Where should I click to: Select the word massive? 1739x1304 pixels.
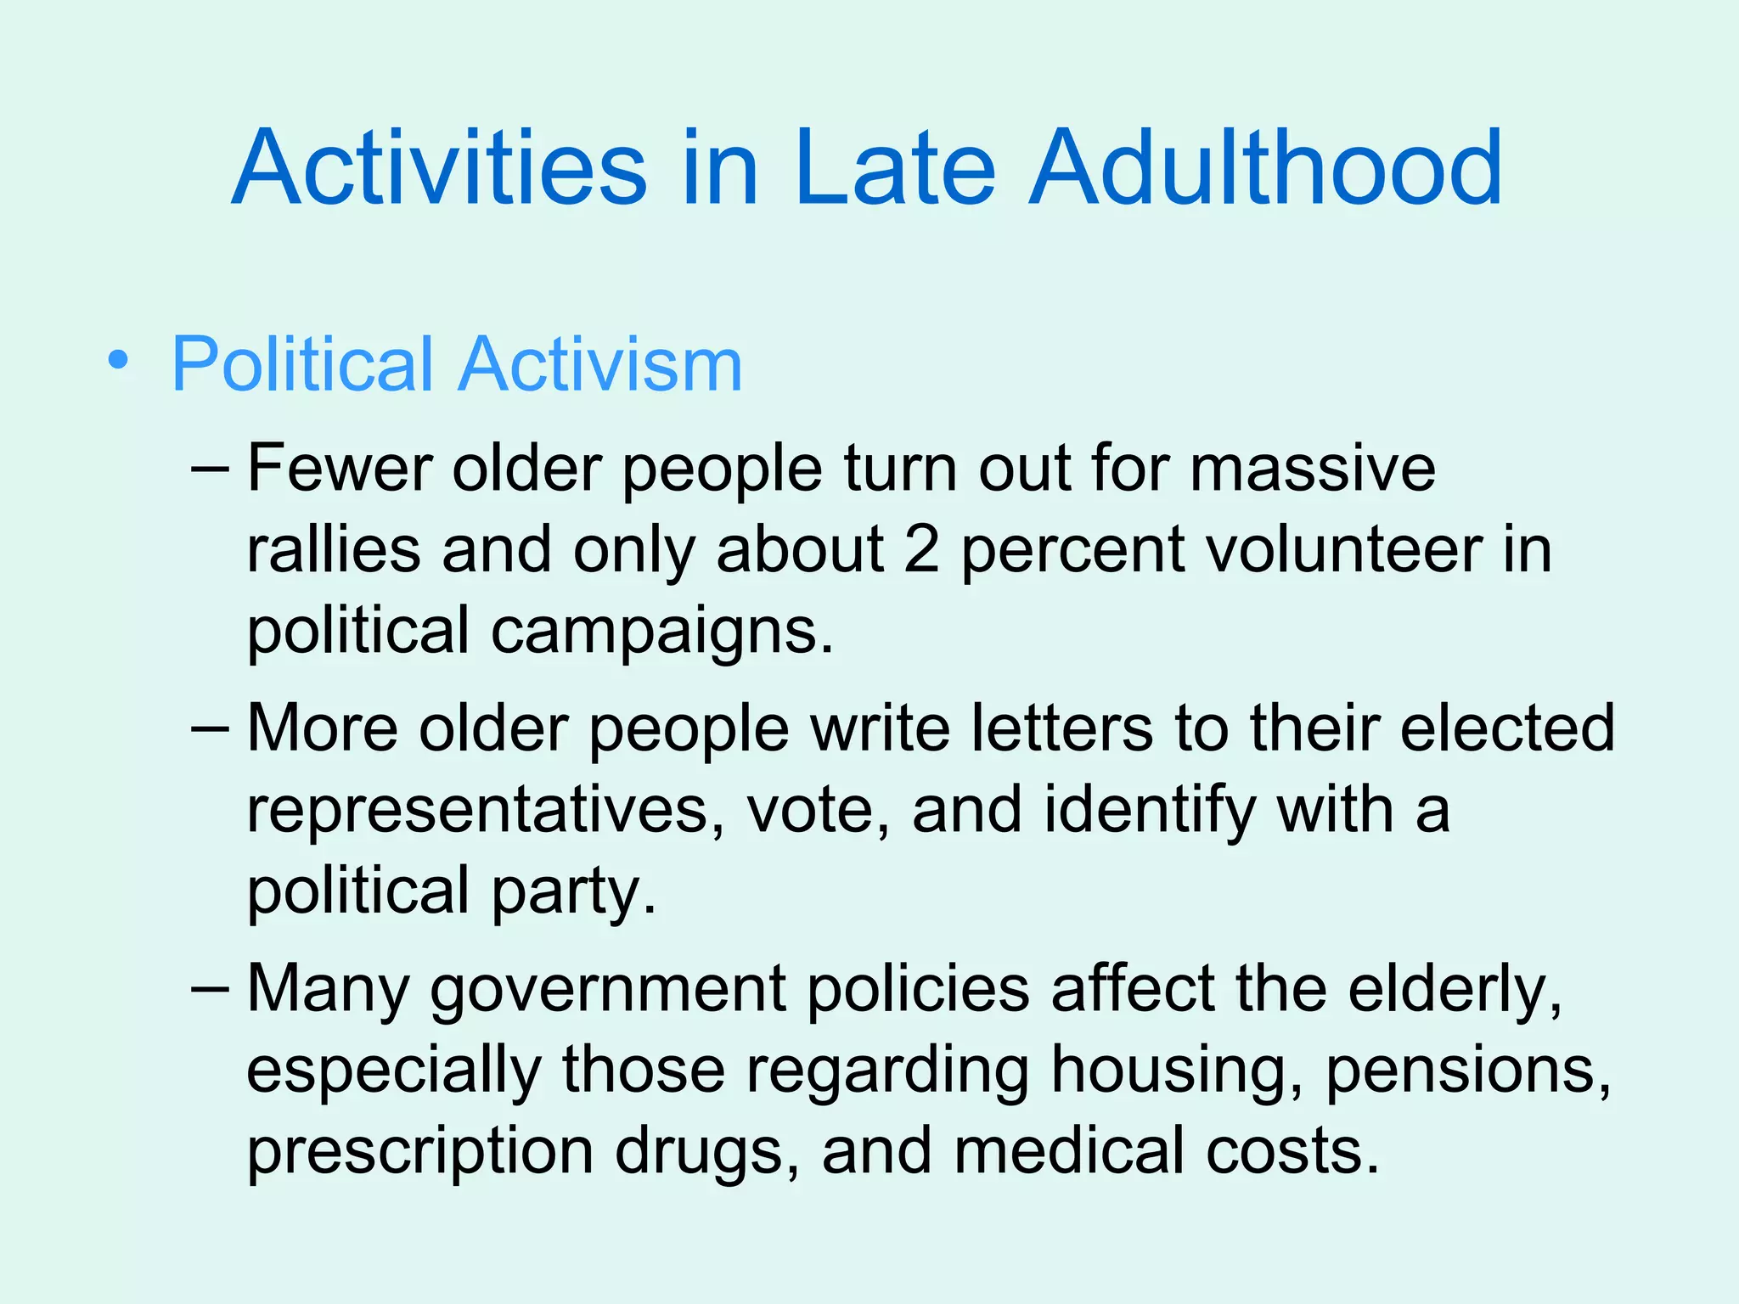coord(1312,469)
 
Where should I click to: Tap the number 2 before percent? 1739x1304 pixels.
coord(921,550)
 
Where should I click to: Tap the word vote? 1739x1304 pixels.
coord(819,810)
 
